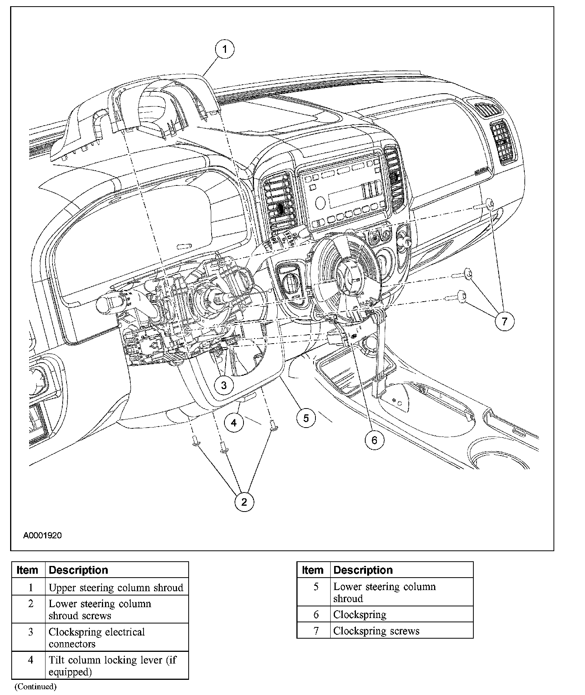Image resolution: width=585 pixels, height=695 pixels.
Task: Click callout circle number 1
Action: point(224,50)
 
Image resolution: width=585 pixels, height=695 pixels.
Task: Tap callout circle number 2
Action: point(244,502)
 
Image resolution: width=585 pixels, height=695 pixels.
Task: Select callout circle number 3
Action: point(224,385)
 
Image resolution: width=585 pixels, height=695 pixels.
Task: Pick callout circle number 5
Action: point(306,418)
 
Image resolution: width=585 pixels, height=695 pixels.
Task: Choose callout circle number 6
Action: point(374,440)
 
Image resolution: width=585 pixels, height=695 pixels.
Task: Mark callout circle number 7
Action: point(504,321)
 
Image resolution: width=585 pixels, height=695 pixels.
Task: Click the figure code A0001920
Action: point(42,535)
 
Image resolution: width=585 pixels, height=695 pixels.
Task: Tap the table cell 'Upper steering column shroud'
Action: point(116,587)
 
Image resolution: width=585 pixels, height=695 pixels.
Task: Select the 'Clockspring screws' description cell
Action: point(376,630)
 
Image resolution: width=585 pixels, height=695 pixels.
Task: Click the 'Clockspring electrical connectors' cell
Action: point(96,637)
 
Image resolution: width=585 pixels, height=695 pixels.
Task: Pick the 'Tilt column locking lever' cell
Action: point(112,665)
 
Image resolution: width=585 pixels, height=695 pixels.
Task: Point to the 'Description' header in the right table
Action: point(363,570)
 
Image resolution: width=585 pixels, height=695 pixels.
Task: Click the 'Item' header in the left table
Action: point(28,570)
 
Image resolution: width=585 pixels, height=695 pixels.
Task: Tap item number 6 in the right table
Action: point(316,615)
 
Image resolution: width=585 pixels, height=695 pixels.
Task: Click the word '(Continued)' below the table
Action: point(35,686)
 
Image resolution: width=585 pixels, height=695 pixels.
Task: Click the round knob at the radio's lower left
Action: point(321,202)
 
